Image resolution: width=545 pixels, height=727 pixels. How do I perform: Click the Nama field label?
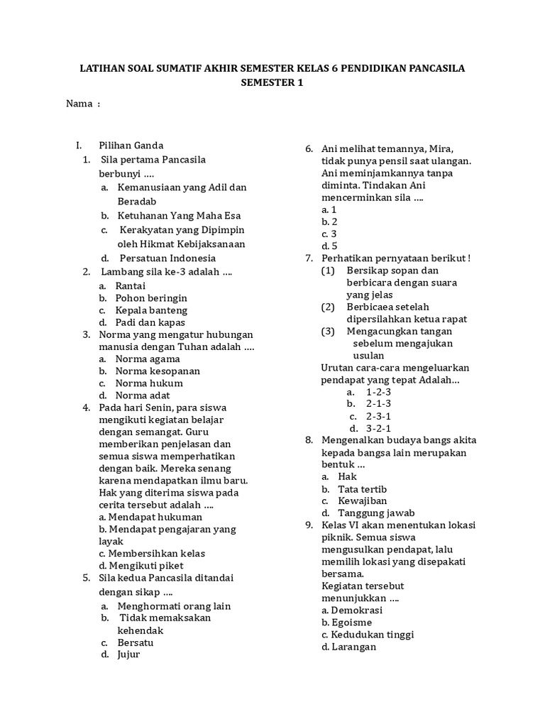[79, 104]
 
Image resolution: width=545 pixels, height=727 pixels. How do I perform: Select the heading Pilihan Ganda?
[131, 146]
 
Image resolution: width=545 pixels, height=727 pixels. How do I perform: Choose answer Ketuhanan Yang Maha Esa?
[170, 215]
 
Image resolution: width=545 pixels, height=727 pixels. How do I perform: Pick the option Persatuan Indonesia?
[167, 258]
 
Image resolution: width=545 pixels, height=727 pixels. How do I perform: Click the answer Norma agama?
[147, 359]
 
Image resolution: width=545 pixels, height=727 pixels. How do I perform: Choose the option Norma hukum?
[148, 383]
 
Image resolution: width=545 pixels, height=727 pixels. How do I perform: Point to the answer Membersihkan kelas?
[152, 553]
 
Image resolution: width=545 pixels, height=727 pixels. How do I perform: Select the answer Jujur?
[128, 654]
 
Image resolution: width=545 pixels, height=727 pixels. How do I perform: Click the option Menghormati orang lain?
[174, 606]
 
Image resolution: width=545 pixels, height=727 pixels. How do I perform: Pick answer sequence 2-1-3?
[378, 403]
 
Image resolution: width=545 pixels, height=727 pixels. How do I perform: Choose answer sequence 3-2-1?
[378, 428]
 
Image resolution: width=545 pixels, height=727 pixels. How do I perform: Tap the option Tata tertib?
[362, 489]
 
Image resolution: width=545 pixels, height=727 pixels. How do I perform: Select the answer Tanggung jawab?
[376, 513]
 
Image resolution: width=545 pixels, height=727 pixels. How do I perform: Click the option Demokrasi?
[352, 610]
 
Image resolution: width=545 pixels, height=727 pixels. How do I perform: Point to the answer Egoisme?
[347, 622]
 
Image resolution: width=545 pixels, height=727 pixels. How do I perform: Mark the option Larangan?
[348, 647]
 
